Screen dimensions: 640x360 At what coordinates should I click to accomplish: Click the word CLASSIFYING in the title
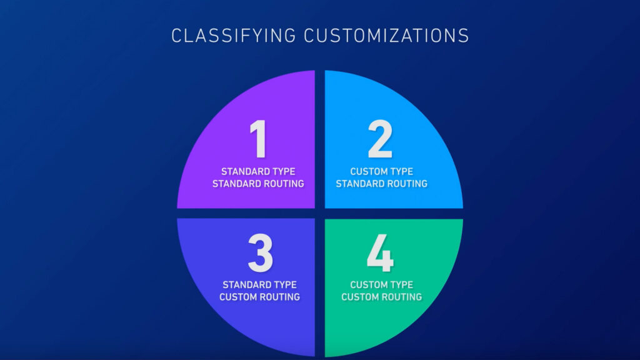click(234, 36)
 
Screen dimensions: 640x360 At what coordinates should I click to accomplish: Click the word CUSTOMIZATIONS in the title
click(386, 36)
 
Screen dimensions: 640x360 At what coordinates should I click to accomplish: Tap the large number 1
click(258, 139)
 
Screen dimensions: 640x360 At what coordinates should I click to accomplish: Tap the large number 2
click(380, 139)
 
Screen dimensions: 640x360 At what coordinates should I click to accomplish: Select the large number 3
click(260, 252)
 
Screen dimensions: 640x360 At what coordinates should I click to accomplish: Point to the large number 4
click(380, 252)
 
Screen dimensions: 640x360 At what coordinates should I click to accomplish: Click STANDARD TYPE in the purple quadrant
click(258, 171)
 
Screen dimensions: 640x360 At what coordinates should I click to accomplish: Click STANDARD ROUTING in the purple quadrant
click(258, 184)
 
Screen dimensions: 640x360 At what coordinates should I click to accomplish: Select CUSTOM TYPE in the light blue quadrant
click(382, 171)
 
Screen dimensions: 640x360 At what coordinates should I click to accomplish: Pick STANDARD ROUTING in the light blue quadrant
click(382, 184)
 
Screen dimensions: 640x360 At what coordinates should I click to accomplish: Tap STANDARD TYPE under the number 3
click(259, 284)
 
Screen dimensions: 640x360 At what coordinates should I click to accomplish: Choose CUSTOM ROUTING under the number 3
click(259, 297)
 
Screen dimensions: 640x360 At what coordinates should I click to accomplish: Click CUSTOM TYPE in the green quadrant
click(382, 284)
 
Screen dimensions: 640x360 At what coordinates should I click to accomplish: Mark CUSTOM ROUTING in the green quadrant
click(382, 297)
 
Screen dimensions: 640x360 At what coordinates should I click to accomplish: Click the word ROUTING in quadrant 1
click(283, 184)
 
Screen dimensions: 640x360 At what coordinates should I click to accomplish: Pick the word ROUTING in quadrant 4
click(401, 297)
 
